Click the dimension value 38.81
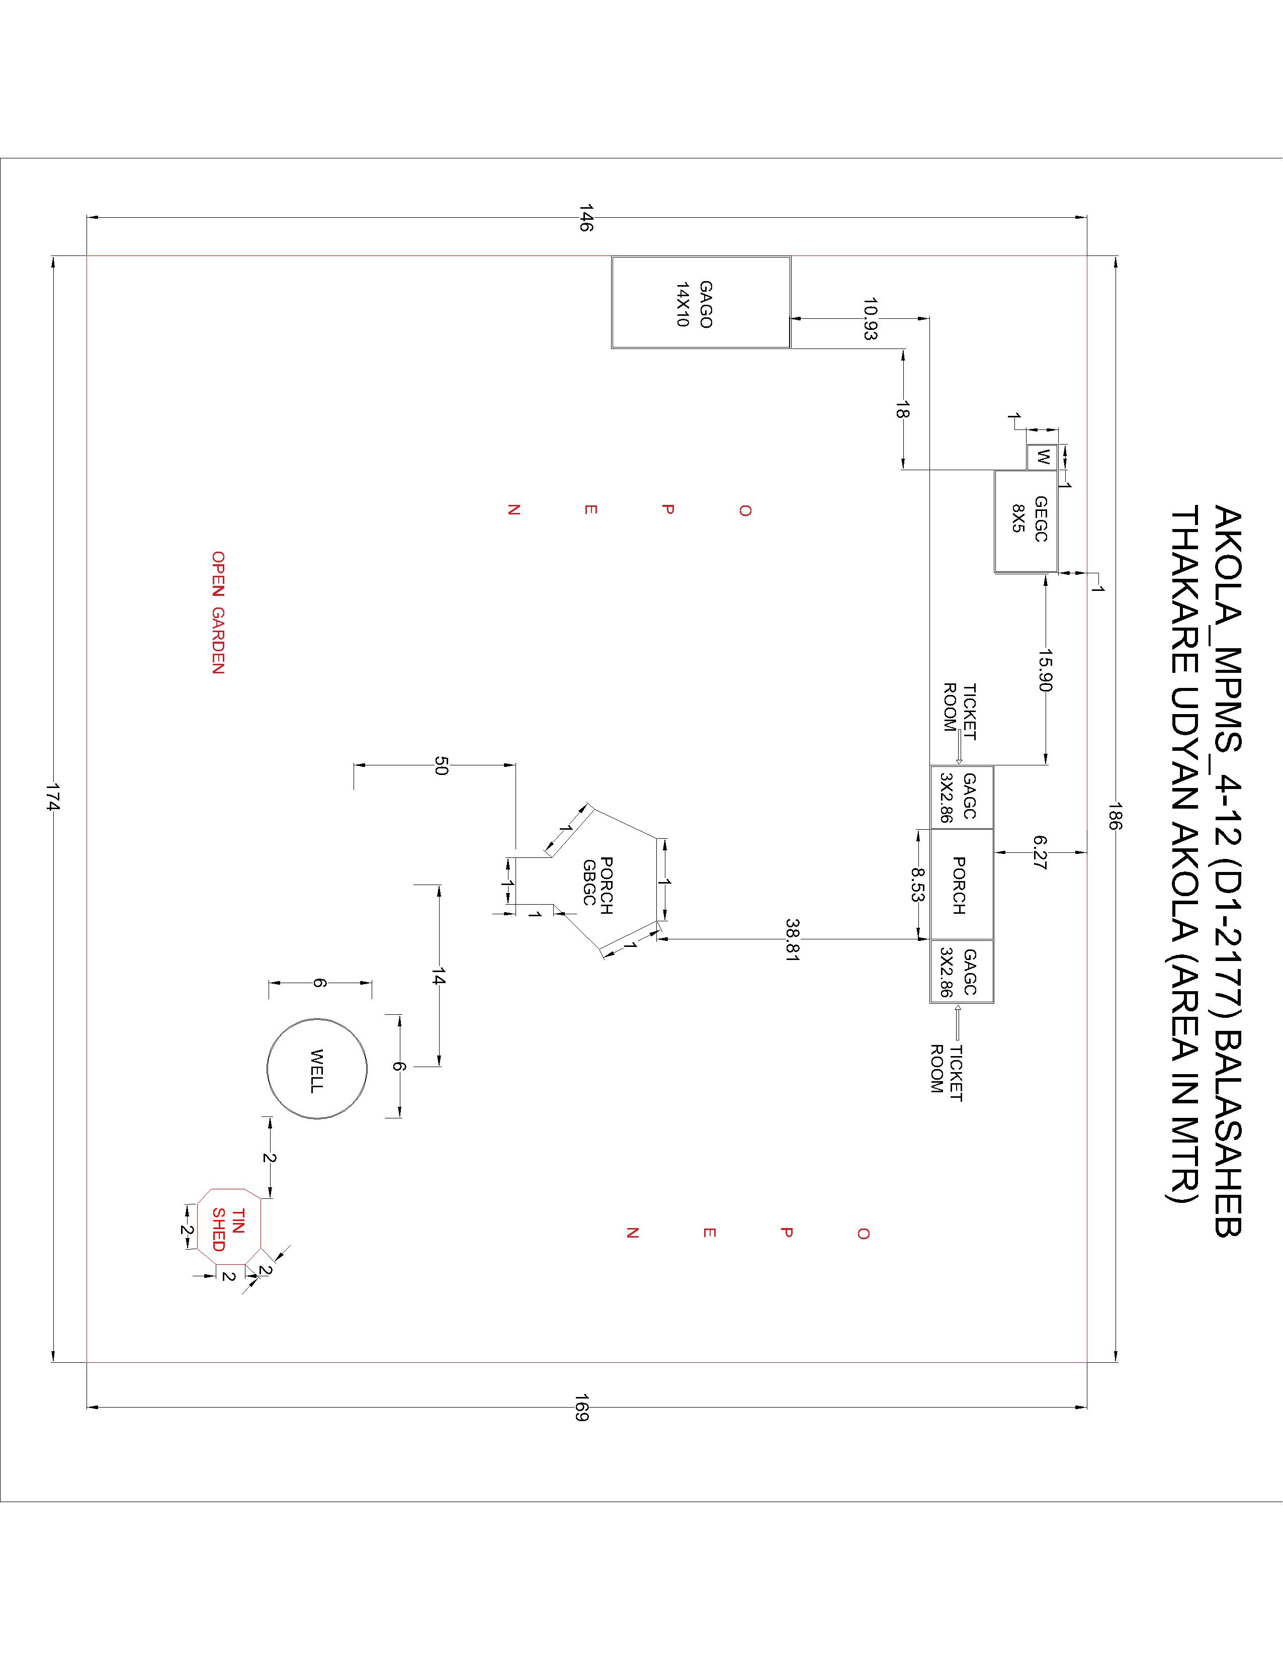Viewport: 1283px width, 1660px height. point(793,941)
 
